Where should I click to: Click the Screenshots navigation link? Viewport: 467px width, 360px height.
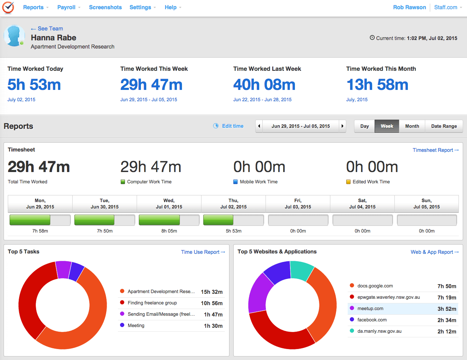click(x=105, y=7)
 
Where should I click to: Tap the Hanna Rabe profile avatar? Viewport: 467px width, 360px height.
click(x=14, y=36)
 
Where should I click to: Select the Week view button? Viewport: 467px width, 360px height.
click(x=387, y=126)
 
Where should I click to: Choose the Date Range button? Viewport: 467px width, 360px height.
click(x=444, y=126)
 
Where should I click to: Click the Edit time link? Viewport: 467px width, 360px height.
click(x=232, y=126)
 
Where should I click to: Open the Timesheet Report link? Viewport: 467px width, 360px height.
click(x=435, y=150)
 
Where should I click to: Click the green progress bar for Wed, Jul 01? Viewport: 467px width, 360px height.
click(x=159, y=220)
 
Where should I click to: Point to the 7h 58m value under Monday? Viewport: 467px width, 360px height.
click(x=40, y=231)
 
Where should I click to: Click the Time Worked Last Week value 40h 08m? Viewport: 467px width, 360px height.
click(x=264, y=85)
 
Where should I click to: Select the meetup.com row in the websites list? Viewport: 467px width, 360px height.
click(x=403, y=309)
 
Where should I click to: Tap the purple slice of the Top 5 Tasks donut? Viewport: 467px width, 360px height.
click(x=64, y=269)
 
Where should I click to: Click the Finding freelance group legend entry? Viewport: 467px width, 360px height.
click(x=152, y=303)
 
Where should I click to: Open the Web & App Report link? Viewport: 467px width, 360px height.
click(x=434, y=252)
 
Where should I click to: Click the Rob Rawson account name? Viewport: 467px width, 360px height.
click(x=409, y=7)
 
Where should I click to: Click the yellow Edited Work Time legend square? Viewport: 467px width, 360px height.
click(x=348, y=182)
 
